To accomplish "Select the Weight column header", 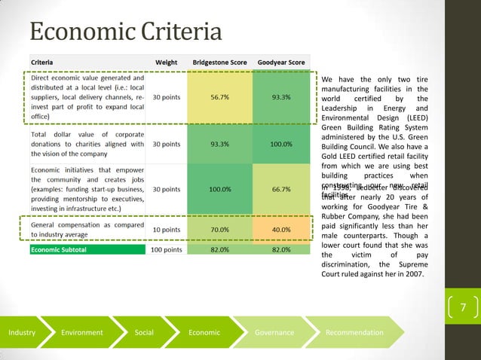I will pos(166,62).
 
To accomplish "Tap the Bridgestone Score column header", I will pos(219,62).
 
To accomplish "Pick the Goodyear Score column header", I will pos(281,62).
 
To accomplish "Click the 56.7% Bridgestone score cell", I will pos(220,97).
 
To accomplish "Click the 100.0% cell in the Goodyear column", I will pos(281,143).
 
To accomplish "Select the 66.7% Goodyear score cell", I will pos(281,189).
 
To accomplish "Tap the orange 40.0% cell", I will pos(281,229).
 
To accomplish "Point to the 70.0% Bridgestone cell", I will pos(220,229).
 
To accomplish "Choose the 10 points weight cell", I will pos(166,229).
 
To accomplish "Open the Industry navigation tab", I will pos(22,332).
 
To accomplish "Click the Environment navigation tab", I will pos(82,332).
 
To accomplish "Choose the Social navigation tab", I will pos(143,332).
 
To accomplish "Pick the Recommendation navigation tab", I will pos(354,332).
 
